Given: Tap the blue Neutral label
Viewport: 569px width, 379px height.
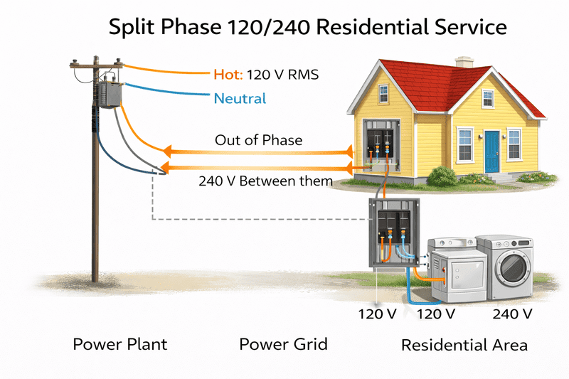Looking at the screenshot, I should (240, 99).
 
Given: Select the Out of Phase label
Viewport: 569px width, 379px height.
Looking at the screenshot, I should (258, 140).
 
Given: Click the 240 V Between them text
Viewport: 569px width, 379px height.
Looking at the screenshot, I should (265, 181).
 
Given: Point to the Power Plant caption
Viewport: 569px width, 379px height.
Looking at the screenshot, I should (119, 345).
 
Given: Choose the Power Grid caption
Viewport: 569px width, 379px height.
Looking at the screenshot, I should (283, 345).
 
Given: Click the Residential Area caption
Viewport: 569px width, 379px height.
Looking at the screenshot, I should (464, 346).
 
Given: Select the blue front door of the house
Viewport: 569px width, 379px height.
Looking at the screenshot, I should (492, 151).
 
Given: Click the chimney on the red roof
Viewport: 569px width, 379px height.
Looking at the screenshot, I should (464, 62).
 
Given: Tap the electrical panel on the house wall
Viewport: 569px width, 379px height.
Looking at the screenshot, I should (378, 149).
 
